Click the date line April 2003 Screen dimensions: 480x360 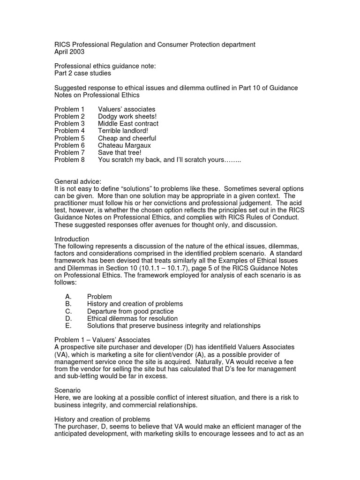click(69, 52)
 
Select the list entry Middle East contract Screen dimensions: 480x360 click(128, 124)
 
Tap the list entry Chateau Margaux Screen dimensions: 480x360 click(124, 146)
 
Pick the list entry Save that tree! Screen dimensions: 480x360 click(120, 153)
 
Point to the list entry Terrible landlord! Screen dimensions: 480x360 click(123, 131)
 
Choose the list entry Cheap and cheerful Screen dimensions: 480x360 click(127, 138)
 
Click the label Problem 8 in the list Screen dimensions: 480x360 click(69, 160)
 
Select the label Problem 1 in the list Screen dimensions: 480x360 click(69, 109)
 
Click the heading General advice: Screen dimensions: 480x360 click(77, 181)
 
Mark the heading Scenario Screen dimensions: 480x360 click(67, 390)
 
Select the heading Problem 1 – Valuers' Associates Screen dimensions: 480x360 click(102, 339)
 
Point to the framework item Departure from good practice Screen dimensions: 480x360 click(130, 311)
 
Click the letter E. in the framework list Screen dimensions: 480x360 click(68, 326)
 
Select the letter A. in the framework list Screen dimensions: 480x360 click(68, 297)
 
